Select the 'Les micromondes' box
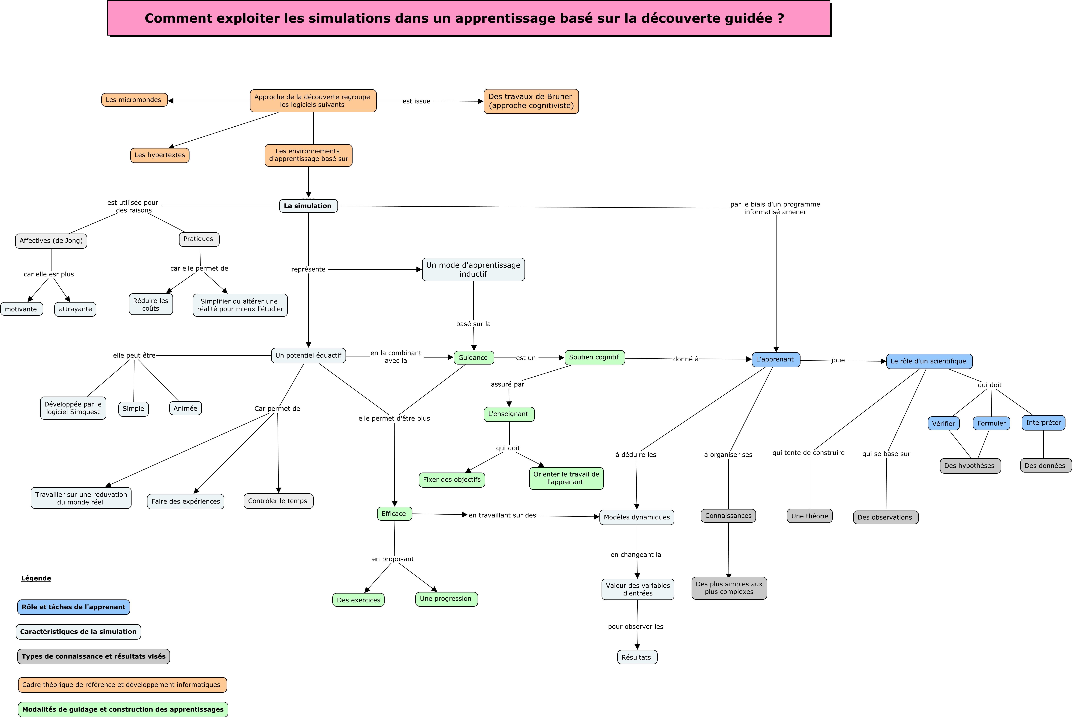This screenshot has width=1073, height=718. tap(134, 100)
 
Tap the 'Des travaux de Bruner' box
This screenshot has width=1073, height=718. tap(531, 101)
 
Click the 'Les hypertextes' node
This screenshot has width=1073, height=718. tap(160, 155)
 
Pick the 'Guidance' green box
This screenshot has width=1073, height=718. tap(474, 358)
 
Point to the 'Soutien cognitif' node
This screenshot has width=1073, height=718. tap(594, 358)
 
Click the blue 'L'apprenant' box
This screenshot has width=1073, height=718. tap(776, 359)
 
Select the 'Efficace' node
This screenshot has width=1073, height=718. tap(394, 514)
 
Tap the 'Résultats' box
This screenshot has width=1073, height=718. tap(637, 657)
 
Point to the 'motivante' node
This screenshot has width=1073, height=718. tap(22, 309)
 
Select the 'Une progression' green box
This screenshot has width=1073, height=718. tap(447, 599)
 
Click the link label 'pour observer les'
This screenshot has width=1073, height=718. tap(636, 626)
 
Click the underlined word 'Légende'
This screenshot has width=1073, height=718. tap(36, 578)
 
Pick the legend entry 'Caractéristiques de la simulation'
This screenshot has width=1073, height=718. tap(78, 632)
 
